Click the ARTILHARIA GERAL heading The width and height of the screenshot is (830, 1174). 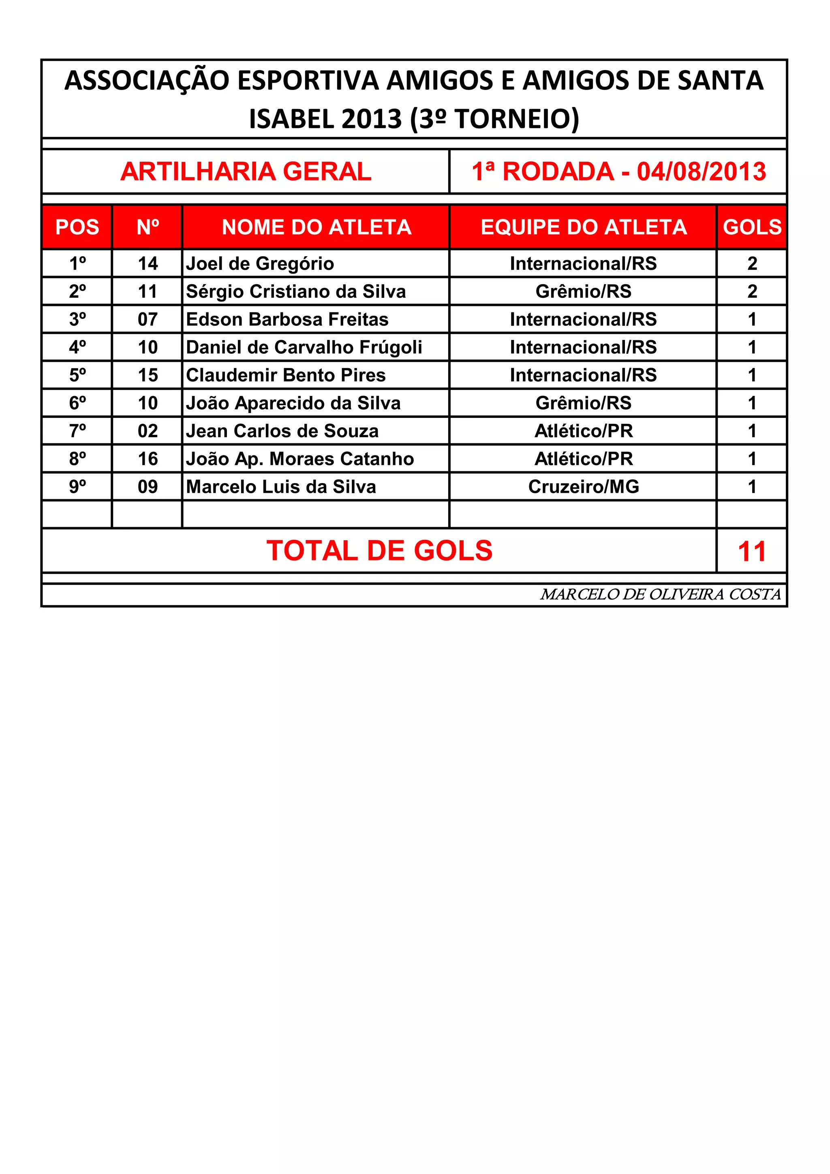pos(246,171)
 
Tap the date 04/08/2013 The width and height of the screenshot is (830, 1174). pos(701,171)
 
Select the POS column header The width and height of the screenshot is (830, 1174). pos(77,227)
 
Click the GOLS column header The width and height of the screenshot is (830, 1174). pos(752,227)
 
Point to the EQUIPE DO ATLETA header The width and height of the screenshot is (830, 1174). pos(584,227)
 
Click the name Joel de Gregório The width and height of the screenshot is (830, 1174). pos(260,263)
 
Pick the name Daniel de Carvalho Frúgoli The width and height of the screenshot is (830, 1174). pos(304,347)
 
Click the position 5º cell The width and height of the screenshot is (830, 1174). pos(77,375)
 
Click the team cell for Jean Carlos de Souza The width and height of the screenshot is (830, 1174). pos(584,431)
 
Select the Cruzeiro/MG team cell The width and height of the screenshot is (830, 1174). pos(584,487)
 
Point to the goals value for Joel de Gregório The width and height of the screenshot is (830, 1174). pos(752,263)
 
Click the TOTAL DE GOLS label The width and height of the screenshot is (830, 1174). pos(379,551)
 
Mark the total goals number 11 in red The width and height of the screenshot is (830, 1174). pos(752,552)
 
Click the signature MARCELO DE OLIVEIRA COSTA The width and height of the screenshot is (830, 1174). pos(660,594)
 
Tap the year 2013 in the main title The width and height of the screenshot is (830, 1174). pos(371,119)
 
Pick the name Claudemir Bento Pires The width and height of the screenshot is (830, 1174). pos(285,375)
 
